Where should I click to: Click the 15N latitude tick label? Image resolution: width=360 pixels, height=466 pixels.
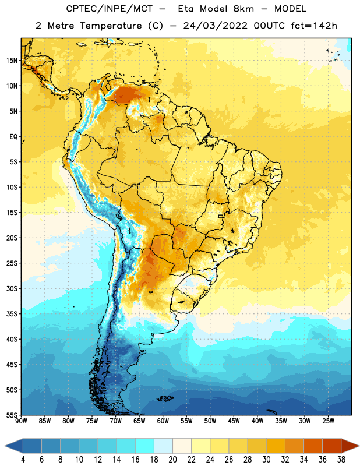click(12, 61)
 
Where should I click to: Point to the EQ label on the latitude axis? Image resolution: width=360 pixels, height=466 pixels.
click(13, 137)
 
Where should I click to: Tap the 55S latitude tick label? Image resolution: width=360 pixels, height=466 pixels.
click(12, 415)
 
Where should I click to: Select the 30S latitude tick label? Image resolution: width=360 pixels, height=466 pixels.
click(12, 288)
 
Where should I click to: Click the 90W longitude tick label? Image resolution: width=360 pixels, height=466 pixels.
click(21, 421)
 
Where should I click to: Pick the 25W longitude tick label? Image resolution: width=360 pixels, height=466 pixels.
click(328, 421)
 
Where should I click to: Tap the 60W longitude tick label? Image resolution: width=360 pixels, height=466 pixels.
click(163, 421)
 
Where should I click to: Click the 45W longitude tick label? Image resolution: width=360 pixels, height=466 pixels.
click(234, 421)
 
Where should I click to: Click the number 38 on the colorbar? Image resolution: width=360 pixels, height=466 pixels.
click(341, 460)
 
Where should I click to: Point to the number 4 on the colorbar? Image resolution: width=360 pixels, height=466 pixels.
click(23, 460)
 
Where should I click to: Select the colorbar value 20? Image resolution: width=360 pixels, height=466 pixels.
click(172, 460)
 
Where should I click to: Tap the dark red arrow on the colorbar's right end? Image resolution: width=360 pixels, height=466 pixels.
click(350, 446)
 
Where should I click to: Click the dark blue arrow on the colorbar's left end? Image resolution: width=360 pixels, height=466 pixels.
click(14, 446)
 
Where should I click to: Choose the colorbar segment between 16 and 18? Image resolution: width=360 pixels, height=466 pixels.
click(145, 446)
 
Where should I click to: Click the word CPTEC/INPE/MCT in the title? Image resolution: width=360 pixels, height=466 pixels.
click(110, 9)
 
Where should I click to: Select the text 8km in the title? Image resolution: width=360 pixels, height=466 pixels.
click(243, 9)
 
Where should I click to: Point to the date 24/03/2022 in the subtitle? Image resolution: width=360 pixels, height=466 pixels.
click(215, 26)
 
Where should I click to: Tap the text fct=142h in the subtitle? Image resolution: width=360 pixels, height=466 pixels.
click(314, 26)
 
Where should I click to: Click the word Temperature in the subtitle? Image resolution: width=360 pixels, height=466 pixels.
click(111, 26)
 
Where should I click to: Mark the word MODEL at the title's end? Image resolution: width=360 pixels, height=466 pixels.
click(290, 9)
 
